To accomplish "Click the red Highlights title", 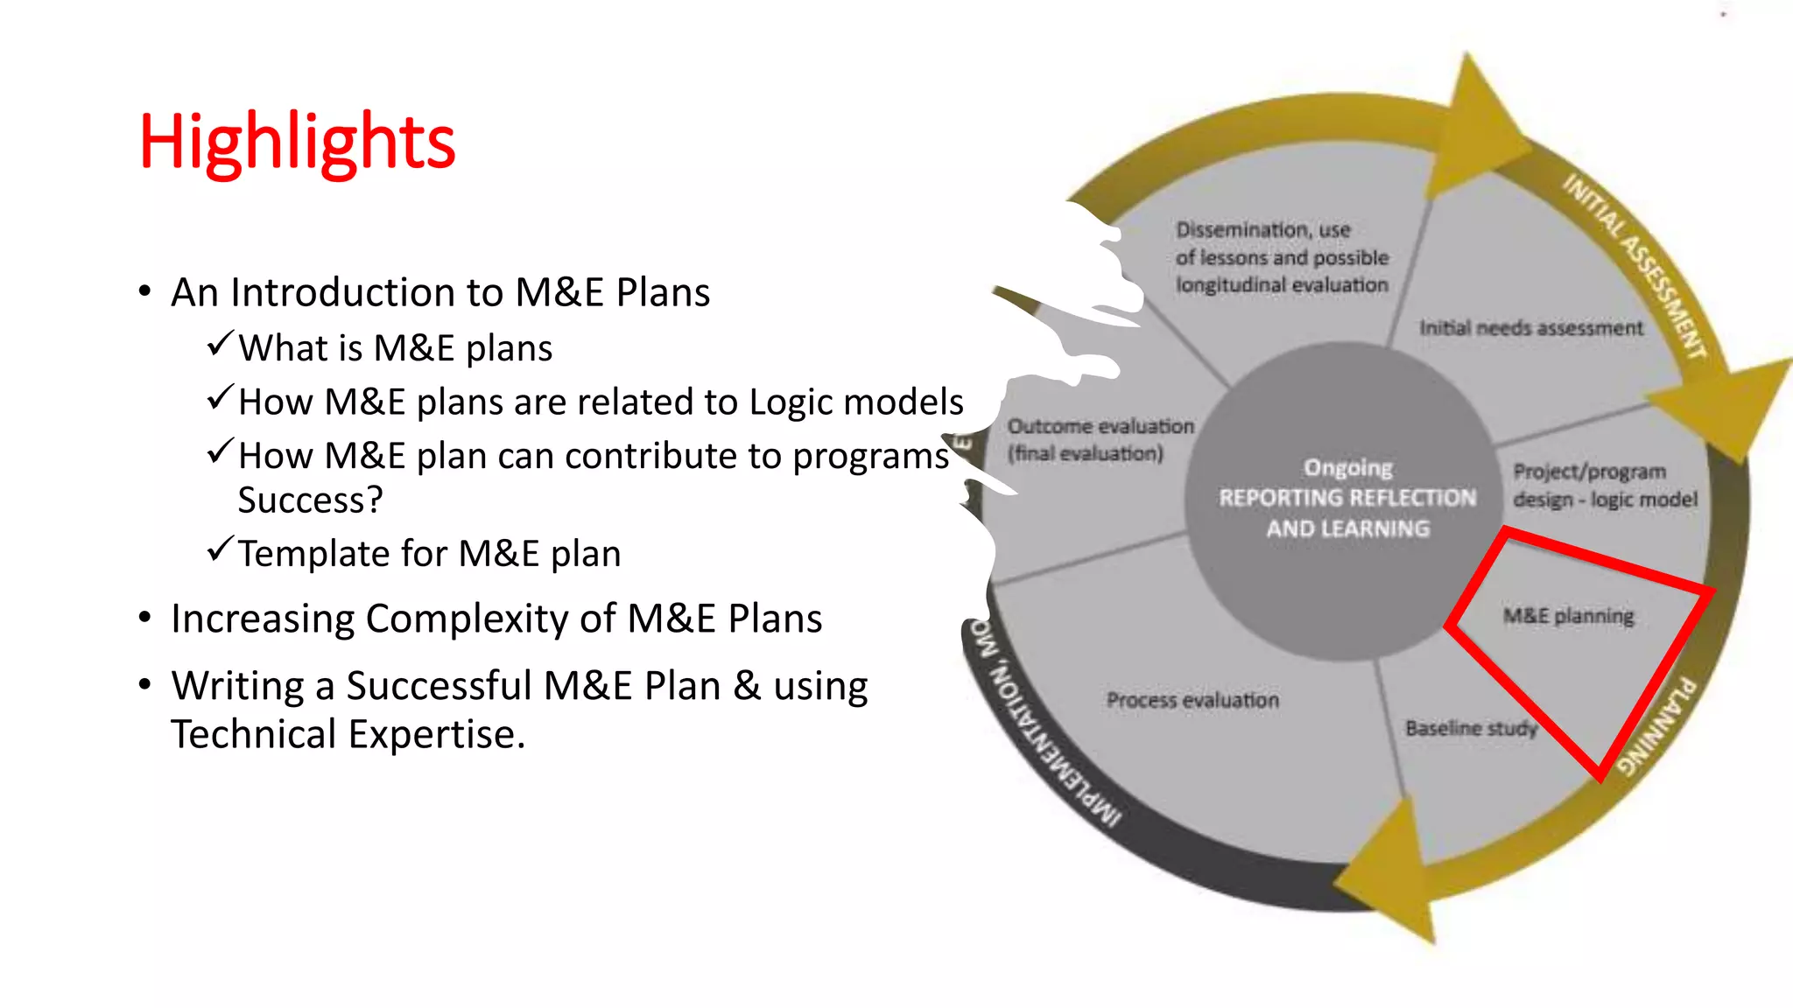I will pos(297,143).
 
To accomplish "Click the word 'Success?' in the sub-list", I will pos(310,500).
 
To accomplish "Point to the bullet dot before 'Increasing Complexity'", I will pos(145,619).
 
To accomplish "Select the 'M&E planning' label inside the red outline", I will pos(1568,616).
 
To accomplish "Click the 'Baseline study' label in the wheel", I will pos(1471,728).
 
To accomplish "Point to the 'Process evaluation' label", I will pos(1192,700).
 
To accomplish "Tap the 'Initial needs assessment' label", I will pos(1531,328).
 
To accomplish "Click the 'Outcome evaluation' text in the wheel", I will pos(1100,426).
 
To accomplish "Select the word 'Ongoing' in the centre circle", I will pos(1348,468).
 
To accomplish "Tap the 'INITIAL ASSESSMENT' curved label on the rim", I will pos(1635,266).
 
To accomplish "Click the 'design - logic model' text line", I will pos(1605,500).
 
